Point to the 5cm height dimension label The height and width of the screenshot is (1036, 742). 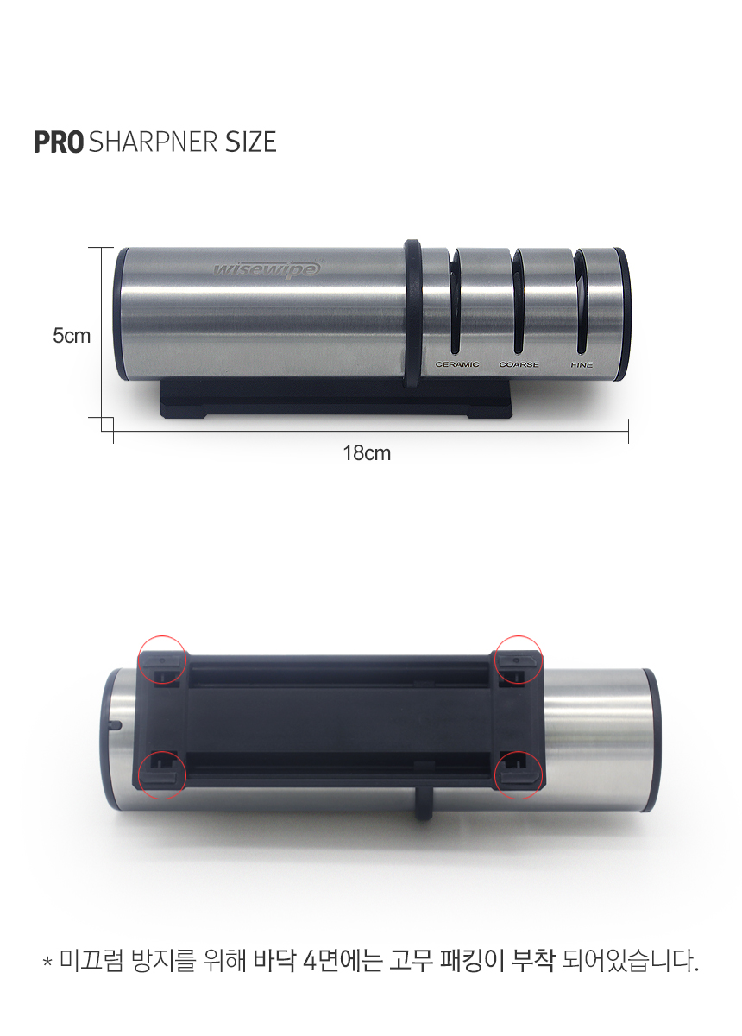click(72, 336)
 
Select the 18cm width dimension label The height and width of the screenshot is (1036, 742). click(367, 453)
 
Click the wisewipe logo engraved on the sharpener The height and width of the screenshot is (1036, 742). click(267, 269)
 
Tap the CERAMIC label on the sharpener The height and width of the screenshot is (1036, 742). click(457, 364)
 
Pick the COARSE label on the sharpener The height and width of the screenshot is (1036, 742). click(519, 364)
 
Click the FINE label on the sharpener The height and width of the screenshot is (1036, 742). click(582, 364)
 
